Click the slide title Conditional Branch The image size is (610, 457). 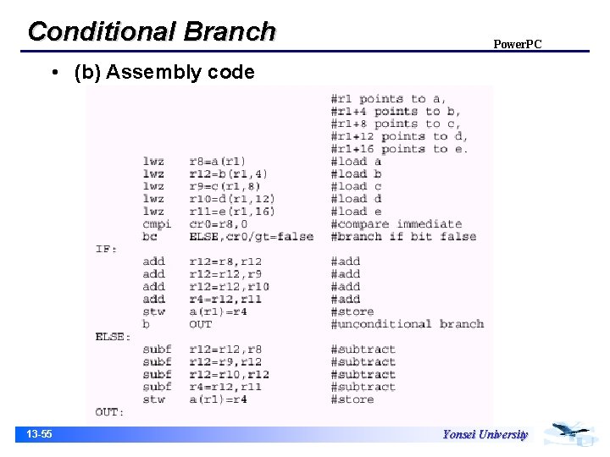(152, 31)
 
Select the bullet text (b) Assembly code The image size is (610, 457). (164, 73)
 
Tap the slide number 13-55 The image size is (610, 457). (39, 434)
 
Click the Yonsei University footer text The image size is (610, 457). (485, 434)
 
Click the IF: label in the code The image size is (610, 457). (106, 249)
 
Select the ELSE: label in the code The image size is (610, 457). (113, 337)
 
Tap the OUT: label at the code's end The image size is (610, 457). (109, 412)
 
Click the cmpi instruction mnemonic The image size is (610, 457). (157, 224)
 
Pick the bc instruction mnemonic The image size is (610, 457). (150, 237)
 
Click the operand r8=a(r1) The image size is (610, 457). (218, 161)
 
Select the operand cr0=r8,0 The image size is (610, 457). (219, 224)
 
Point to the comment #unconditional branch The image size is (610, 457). (407, 324)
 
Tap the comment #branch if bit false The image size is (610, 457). (403, 237)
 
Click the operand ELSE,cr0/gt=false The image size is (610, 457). (251, 237)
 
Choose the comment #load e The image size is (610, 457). (357, 212)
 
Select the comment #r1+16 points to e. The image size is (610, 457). (399, 149)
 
